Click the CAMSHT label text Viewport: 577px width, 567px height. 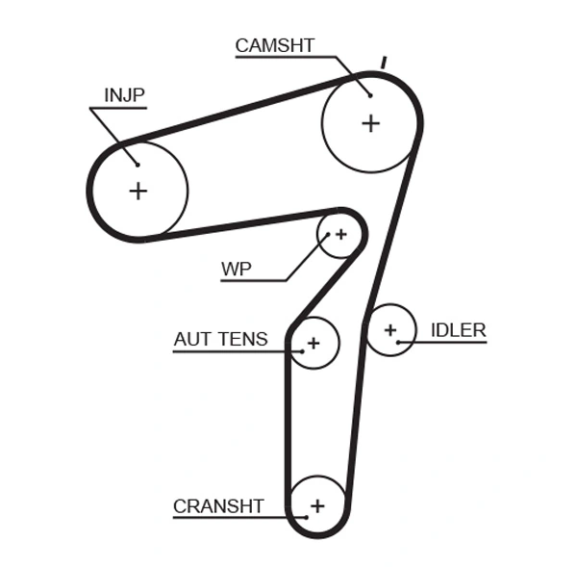coord(275,44)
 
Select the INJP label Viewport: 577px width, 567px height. coord(124,94)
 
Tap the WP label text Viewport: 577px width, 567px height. coord(236,269)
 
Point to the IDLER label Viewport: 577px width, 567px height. coord(458,330)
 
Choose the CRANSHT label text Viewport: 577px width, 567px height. coord(217,505)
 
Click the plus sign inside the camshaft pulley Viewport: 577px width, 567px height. coord(370,123)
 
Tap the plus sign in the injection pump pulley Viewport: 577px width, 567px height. coord(138,191)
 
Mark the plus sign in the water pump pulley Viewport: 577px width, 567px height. coord(339,234)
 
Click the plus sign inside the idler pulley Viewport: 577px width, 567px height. coord(389,330)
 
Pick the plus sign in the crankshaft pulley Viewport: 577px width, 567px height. coord(317,504)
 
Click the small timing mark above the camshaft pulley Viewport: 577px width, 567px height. coord(383,63)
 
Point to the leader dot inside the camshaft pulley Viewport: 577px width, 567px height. coord(369,94)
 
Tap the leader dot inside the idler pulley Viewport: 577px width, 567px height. coord(398,342)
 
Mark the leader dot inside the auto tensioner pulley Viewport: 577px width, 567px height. coord(301,351)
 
